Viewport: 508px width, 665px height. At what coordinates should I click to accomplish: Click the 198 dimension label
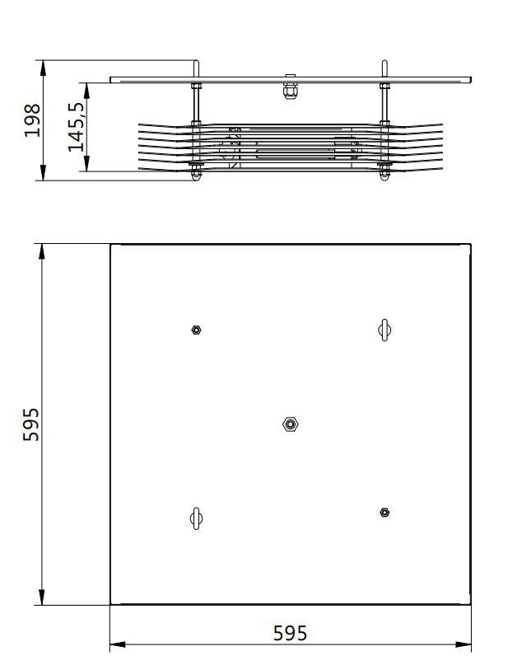[x=31, y=120]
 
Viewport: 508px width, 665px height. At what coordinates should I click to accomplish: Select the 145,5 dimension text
[x=77, y=127]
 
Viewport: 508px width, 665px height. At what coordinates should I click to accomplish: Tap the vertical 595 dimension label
[x=31, y=424]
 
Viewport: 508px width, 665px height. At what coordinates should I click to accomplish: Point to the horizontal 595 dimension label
[x=290, y=633]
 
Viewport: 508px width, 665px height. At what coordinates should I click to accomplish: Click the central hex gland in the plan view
[x=290, y=424]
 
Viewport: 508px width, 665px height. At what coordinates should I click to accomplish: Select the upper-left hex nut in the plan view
[x=196, y=330]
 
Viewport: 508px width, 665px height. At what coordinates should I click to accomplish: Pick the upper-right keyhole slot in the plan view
[x=384, y=330]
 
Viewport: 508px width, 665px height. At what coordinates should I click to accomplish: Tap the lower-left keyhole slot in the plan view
[x=196, y=517]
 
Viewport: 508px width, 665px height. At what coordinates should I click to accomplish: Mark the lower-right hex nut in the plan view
[x=384, y=513]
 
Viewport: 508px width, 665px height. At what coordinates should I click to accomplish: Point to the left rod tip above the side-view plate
[x=196, y=66]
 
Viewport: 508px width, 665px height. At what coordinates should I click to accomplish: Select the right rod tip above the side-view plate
[x=384, y=66]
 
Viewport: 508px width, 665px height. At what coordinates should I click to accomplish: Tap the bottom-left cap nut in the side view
[x=196, y=173]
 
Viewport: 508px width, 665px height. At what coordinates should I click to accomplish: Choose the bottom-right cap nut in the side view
[x=384, y=173]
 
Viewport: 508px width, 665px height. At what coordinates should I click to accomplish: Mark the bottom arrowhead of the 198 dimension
[x=42, y=175]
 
